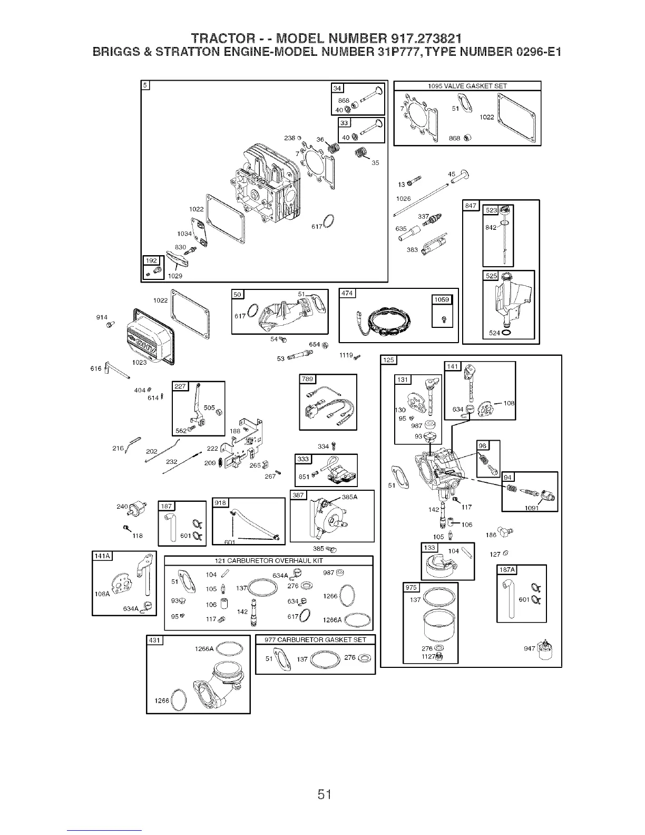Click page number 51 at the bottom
(x=322, y=779)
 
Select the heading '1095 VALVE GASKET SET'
(x=467, y=86)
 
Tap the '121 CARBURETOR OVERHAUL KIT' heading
(x=269, y=560)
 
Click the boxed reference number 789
(x=306, y=379)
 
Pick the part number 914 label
(x=102, y=317)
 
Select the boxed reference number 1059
(x=441, y=300)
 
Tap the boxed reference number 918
(x=220, y=502)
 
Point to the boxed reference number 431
(x=154, y=640)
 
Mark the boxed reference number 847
(x=470, y=205)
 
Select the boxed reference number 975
(x=411, y=588)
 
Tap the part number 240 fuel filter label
(x=122, y=507)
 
